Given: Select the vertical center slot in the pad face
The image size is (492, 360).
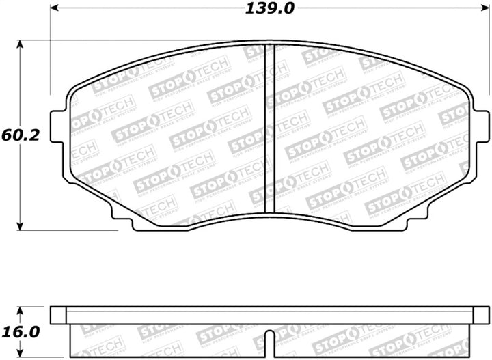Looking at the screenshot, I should [269, 130].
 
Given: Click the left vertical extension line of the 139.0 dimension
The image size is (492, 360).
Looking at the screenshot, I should [51, 55].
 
